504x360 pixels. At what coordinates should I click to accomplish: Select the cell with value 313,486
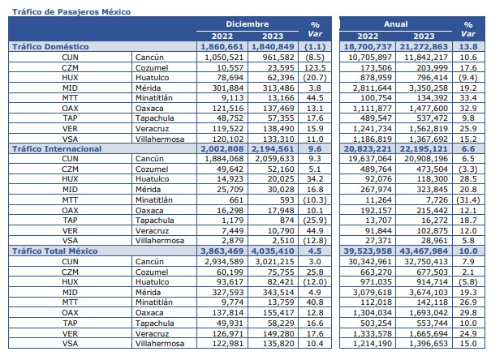click(273, 88)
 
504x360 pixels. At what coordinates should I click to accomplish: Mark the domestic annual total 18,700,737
click(373, 47)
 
